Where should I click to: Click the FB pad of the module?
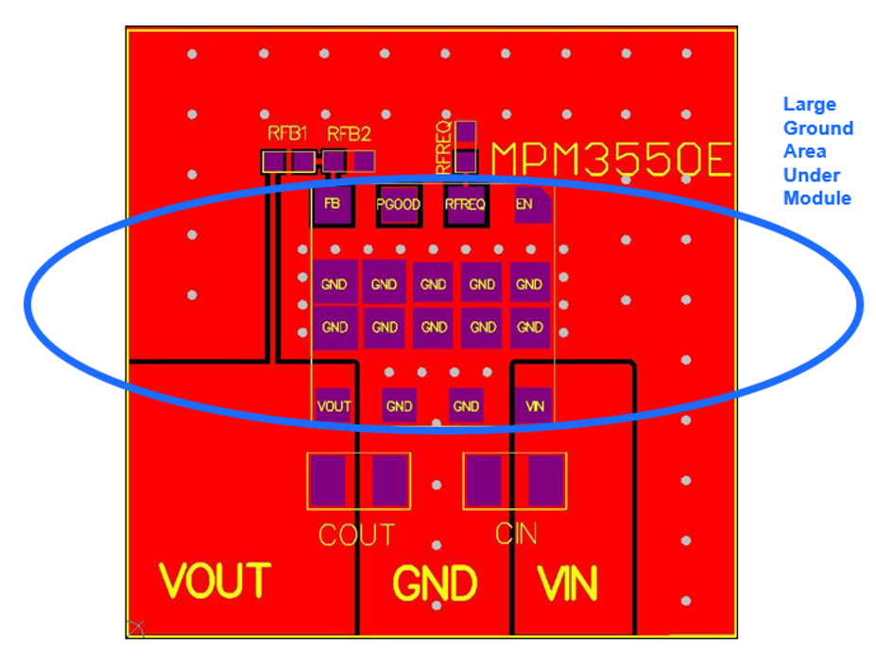[x=333, y=204]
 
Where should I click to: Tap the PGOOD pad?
[x=399, y=205]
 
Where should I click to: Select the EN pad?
[x=533, y=204]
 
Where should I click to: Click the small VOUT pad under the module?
[x=334, y=406]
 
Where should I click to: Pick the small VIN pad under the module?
[x=534, y=406]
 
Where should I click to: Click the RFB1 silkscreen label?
[x=287, y=133]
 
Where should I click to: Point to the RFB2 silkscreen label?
[x=349, y=134]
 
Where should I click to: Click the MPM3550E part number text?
[x=611, y=160]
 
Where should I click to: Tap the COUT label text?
[x=356, y=535]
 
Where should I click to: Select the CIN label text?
[x=516, y=534]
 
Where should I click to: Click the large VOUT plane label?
[x=215, y=581]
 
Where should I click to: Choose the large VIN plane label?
[x=568, y=584]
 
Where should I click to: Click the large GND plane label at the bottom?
[x=436, y=584]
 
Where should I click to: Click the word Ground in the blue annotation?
[x=818, y=128]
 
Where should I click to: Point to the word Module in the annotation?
[x=816, y=197]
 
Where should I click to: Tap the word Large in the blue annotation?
[x=810, y=105]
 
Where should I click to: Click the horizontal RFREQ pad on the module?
[x=465, y=205]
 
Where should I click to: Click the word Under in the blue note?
[x=811, y=175]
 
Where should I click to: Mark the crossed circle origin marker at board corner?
[x=136, y=628]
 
